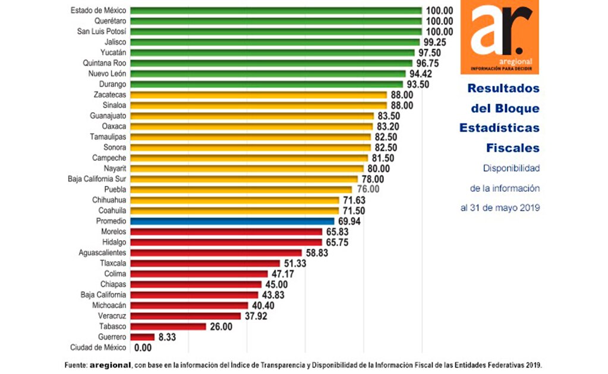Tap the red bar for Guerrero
[142, 337]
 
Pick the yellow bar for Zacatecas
[259, 94]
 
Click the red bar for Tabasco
[168, 326]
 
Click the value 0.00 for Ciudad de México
[143, 348]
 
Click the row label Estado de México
[98, 11]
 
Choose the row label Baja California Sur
[97, 179]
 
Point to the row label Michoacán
[109, 305]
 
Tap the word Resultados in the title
[503, 89]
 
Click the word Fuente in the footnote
[75, 364]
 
